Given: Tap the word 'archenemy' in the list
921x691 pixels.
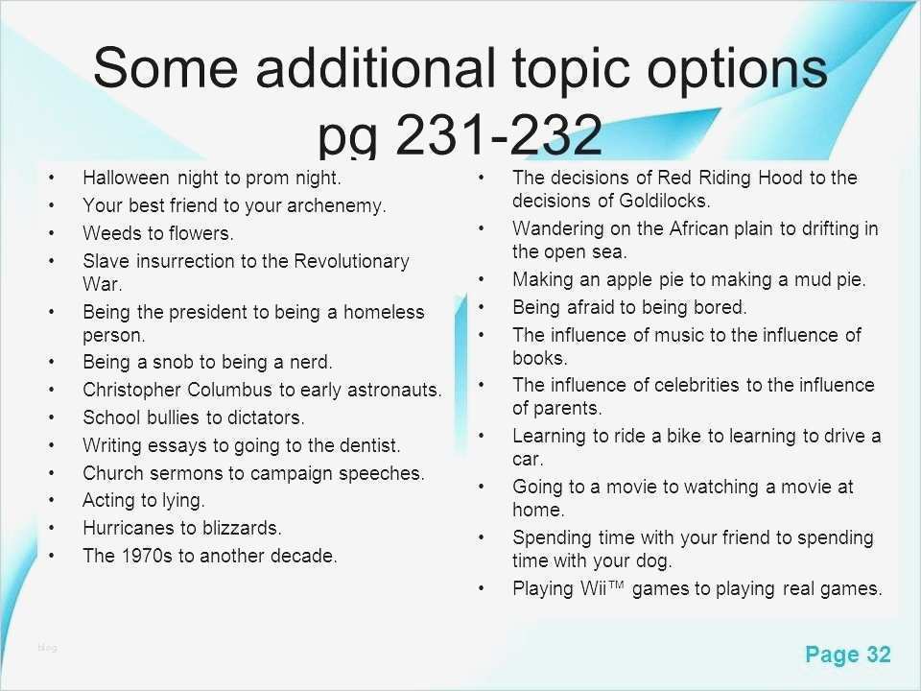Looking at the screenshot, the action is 336,205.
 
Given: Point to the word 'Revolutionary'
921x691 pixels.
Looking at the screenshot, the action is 351,261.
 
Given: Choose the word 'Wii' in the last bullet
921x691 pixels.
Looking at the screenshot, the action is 593,588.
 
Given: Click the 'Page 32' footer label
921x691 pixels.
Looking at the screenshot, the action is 848,654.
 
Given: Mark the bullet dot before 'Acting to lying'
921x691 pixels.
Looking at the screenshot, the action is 52,501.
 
